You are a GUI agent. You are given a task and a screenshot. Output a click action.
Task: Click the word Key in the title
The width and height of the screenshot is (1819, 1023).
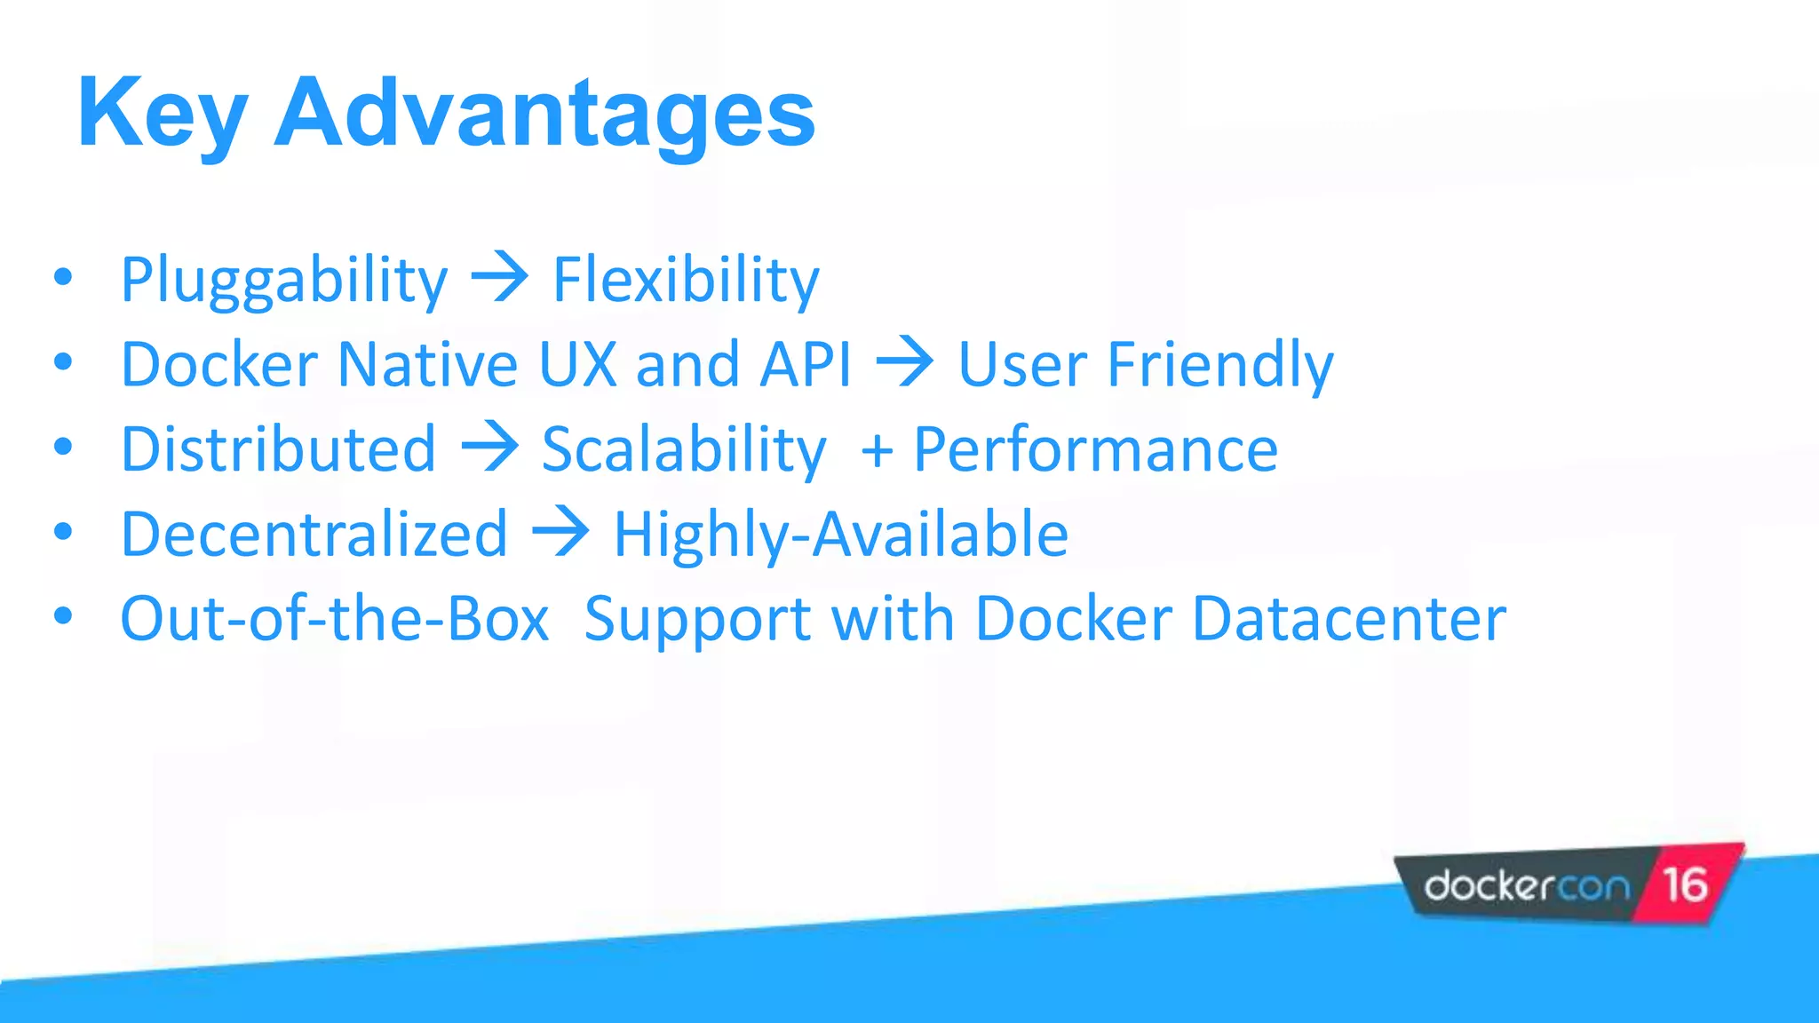162,114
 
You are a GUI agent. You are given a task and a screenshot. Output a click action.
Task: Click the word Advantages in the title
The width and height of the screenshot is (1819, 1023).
544,114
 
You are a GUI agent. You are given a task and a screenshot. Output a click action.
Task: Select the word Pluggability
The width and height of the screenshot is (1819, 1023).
284,280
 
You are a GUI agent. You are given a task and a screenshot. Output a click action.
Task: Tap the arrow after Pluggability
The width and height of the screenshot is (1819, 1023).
500,278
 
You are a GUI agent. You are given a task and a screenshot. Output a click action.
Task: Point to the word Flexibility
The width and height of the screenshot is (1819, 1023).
686,280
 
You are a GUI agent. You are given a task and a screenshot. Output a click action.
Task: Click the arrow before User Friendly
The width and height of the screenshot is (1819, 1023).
905,362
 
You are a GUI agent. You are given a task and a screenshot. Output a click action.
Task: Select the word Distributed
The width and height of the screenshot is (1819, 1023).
278,449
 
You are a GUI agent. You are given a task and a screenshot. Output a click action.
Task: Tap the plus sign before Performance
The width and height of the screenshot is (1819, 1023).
877,451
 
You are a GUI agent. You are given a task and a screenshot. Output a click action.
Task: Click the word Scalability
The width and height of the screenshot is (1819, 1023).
684,449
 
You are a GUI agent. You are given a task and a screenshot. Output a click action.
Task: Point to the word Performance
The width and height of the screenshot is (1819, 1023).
1095,449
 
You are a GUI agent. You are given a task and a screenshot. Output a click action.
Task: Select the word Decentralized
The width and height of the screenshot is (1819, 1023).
314,535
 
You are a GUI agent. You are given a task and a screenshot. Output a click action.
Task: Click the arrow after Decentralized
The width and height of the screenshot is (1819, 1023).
560,533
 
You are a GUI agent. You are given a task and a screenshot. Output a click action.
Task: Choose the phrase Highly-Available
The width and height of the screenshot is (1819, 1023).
840,535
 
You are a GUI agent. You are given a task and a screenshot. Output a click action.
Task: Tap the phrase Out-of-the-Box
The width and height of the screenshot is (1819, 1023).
335,619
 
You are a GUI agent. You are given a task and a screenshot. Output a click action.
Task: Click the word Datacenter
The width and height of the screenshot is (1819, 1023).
1348,619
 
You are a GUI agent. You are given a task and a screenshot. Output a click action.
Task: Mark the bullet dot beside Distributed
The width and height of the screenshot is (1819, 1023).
62,447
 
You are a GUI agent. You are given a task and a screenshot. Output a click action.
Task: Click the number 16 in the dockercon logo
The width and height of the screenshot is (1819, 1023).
1685,884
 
